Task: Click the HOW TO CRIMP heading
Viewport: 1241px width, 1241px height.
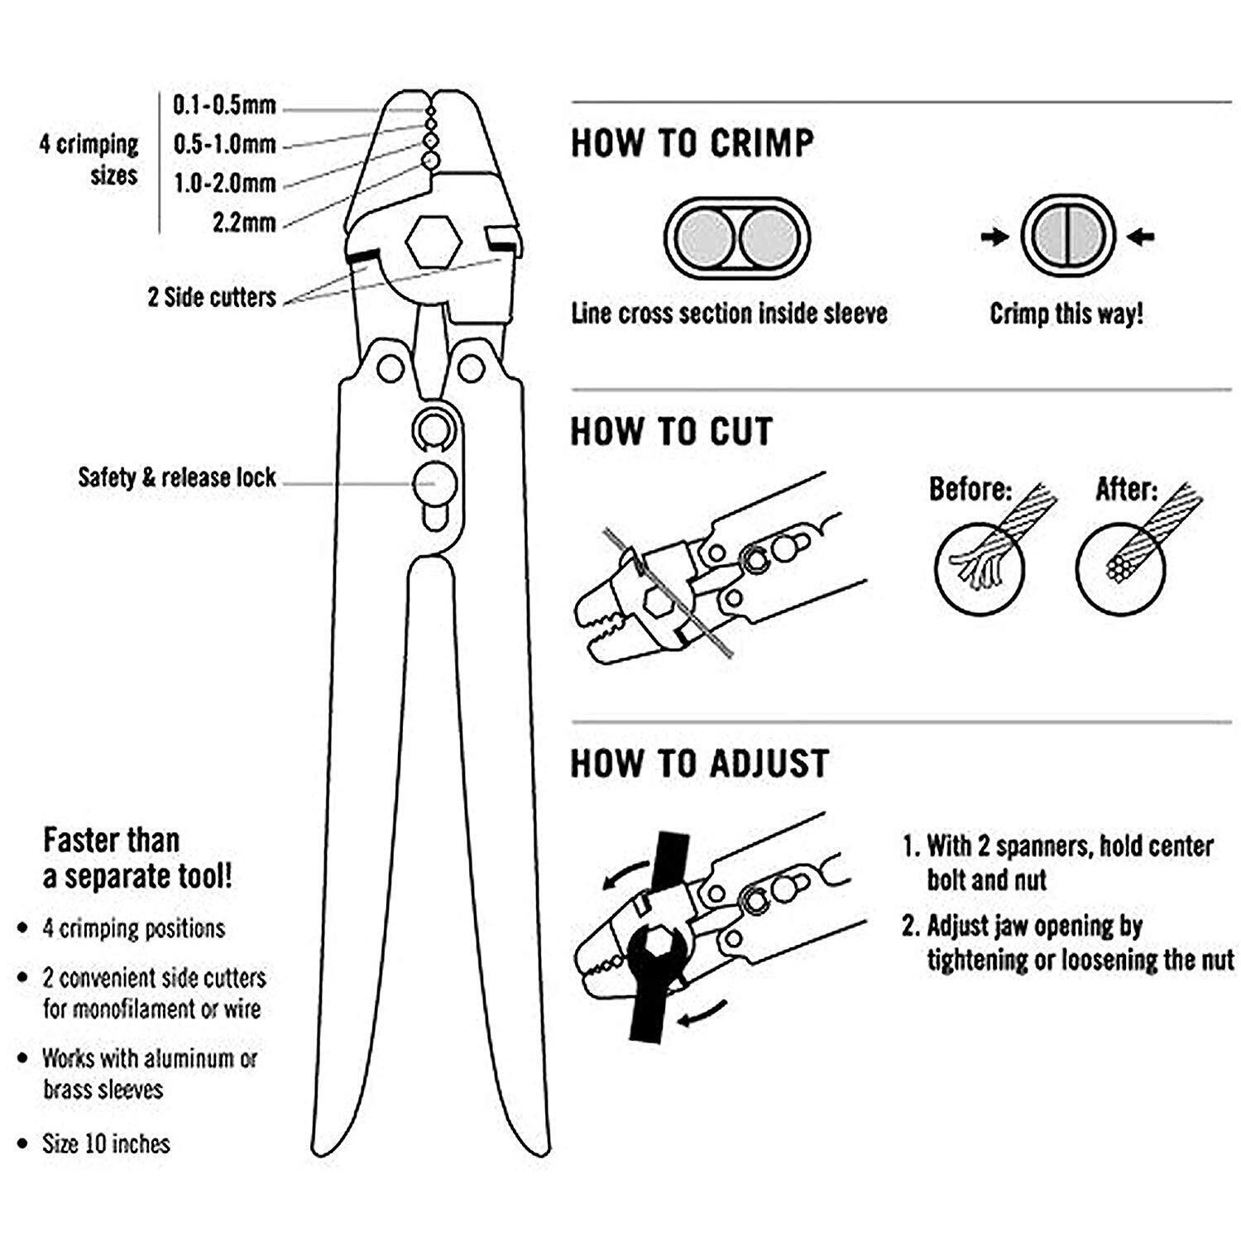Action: point(692,143)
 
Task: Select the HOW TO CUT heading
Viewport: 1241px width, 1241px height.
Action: point(671,432)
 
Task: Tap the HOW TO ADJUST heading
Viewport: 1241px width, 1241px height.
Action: point(699,764)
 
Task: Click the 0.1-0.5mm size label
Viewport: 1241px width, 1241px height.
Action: point(223,106)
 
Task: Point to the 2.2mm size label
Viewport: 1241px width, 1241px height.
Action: point(243,223)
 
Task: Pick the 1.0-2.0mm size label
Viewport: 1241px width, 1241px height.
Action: point(223,184)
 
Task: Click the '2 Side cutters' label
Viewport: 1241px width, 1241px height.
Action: point(212,298)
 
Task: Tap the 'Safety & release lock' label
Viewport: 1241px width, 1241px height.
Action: point(177,477)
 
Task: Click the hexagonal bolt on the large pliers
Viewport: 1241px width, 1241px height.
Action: point(433,242)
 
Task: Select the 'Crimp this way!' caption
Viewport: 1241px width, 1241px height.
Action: point(1066,314)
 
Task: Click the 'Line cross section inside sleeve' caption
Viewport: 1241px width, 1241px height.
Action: point(729,314)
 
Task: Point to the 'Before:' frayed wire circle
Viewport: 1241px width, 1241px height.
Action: point(980,568)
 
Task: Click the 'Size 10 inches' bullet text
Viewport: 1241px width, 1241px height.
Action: point(106,1144)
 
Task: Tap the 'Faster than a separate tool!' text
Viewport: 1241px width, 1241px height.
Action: point(137,858)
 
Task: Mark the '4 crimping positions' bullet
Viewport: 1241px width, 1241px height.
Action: point(133,928)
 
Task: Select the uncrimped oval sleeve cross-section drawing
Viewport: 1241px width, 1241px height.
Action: point(737,238)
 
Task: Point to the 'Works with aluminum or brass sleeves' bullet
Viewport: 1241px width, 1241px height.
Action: point(150,1074)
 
